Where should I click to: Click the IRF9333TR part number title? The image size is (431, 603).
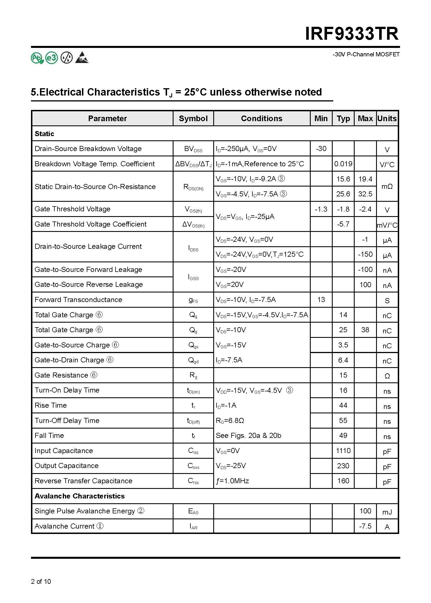[352, 34]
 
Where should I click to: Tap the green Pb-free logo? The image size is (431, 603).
[37, 58]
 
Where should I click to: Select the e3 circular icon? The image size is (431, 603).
[52, 58]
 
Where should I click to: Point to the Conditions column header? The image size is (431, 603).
[261, 118]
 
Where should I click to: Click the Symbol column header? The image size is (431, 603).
[193, 118]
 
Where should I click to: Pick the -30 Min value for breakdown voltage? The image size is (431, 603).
[321, 148]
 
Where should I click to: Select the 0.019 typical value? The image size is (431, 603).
[343, 164]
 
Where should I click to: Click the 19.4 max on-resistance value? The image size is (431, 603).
[365, 179]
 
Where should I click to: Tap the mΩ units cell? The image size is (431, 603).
[387, 187]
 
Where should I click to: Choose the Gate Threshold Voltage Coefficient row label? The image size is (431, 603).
[90, 224]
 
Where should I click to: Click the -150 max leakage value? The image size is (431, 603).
[365, 254]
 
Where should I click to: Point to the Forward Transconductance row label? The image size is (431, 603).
[78, 300]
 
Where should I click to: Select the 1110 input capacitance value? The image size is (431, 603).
[343, 451]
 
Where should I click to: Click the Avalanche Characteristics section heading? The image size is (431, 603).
[79, 496]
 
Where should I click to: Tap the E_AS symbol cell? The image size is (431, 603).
[193, 511]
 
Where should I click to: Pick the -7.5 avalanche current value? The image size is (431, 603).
[365, 526]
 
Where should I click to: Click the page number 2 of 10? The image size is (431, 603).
[41, 581]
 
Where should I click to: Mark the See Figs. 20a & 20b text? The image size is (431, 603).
[248, 435]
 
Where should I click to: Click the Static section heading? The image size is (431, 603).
[44, 134]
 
